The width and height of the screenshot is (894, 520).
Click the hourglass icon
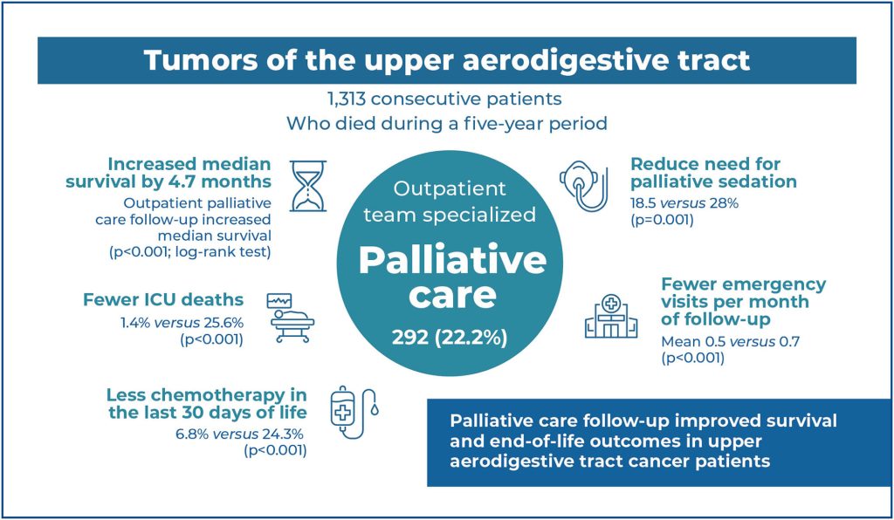click(x=308, y=186)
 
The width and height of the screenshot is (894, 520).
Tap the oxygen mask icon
click(x=583, y=186)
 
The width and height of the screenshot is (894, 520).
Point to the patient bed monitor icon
click(x=291, y=318)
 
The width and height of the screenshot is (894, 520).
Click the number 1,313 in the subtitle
click(x=346, y=99)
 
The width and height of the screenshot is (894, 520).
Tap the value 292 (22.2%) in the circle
click(x=450, y=338)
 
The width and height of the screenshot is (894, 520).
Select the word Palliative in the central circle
click(x=452, y=260)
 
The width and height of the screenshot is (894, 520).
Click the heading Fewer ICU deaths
click(x=163, y=299)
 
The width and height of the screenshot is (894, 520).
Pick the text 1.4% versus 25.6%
click(x=182, y=323)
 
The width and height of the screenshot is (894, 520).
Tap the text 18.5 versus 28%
click(x=684, y=203)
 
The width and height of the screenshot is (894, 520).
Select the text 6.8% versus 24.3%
click(x=239, y=434)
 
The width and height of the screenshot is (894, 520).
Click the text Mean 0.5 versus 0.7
click(x=731, y=342)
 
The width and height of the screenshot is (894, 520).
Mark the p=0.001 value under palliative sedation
click(x=662, y=220)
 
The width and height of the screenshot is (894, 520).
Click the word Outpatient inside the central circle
click(x=450, y=188)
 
